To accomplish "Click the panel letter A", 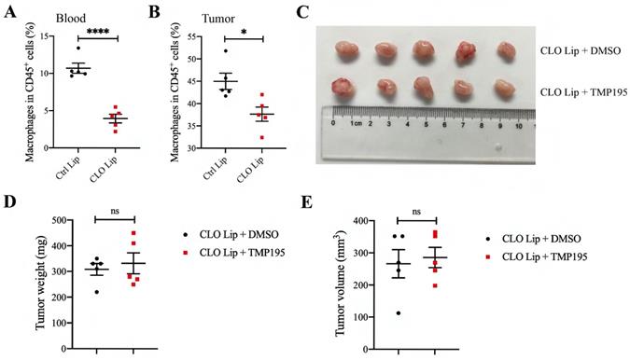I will point(8,11).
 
